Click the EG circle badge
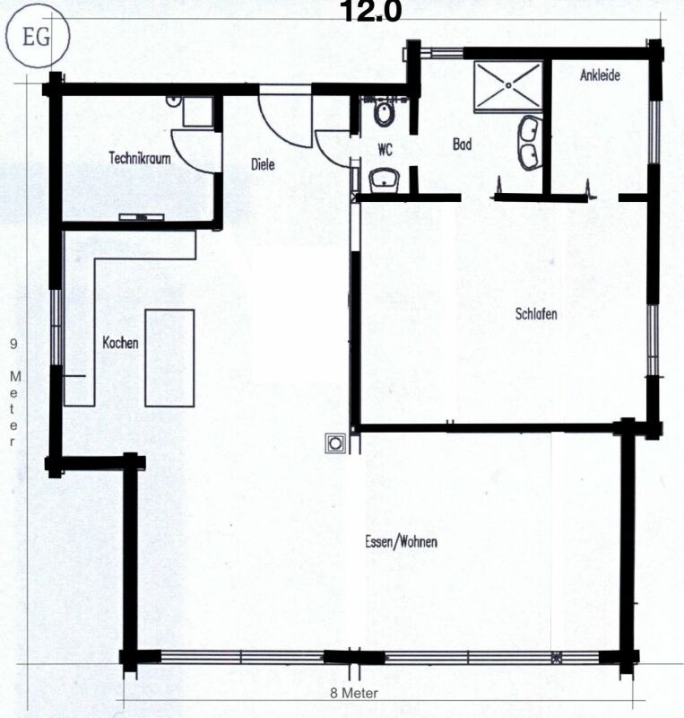coord(29,39)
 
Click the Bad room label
coord(462,144)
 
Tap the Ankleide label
coord(600,76)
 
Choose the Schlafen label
coord(537,314)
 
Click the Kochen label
coord(119,342)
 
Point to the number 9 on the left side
coord(13,343)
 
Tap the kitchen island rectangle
coord(169,356)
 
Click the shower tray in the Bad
coord(508,86)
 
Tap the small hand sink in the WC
coord(385,179)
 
